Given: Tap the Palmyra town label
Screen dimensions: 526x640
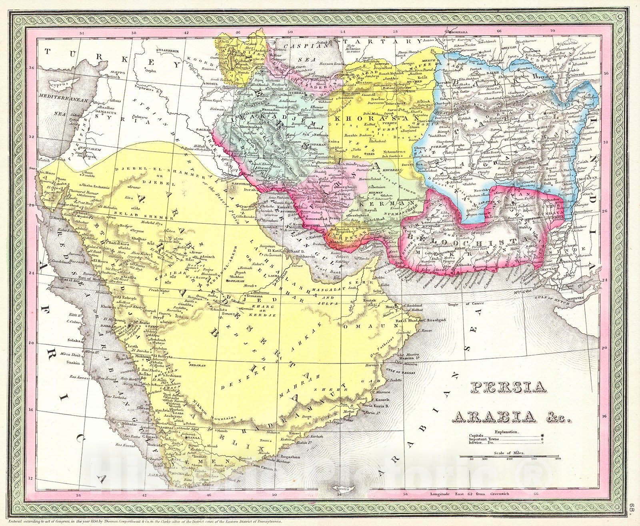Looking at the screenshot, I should click(x=138, y=117).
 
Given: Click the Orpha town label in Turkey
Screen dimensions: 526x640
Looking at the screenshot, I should click(x=151, y=72).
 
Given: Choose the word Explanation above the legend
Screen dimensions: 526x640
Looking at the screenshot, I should click(x=507, y=432).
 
